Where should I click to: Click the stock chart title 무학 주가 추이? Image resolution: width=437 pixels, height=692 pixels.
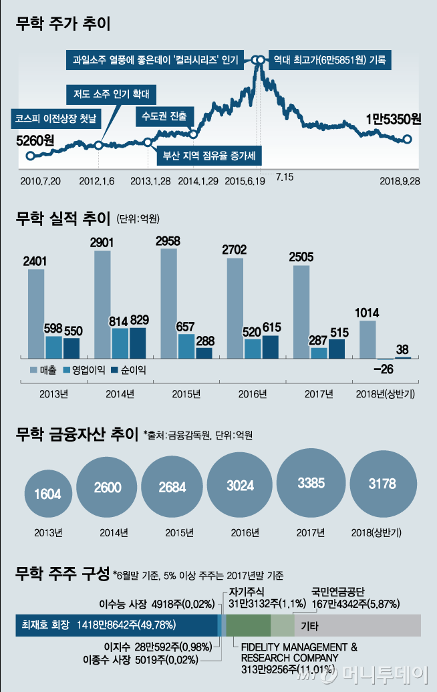[63, 25]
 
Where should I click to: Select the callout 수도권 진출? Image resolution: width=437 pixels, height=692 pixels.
[164, 116]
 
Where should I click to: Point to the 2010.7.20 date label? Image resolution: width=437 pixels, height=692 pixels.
[41, 181]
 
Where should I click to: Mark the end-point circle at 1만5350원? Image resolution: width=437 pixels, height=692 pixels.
[408, 140]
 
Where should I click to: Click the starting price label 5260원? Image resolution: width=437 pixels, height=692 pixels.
[35, 140]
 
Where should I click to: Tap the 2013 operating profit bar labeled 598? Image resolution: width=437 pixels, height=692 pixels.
[53, 347]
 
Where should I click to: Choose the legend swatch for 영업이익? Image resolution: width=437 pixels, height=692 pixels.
[66, 369]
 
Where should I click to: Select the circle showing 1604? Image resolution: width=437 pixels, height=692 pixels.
[47, 494]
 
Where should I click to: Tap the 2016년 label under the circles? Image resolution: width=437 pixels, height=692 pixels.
[245, 532]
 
